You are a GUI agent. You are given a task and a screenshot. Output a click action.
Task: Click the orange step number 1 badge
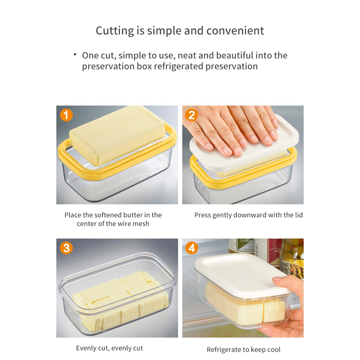click(x=66, y=115)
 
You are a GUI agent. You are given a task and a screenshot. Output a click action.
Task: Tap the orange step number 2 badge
click(x=192, y=115)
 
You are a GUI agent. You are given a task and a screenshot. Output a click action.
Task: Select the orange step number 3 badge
click(x=66, y=248)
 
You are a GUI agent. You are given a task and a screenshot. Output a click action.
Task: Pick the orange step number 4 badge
click(x=192, y=248)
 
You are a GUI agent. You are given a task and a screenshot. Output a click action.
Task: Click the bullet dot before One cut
click(x=75, y=54)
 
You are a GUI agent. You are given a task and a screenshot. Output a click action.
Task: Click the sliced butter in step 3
click(x=119, y=299)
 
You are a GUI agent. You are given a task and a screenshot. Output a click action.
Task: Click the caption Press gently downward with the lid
click(x=248, y=215)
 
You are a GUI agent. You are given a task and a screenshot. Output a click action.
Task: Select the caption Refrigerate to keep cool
click(x=243, y=350)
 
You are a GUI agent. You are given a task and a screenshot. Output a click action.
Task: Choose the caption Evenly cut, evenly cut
click(x=109, y=348)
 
